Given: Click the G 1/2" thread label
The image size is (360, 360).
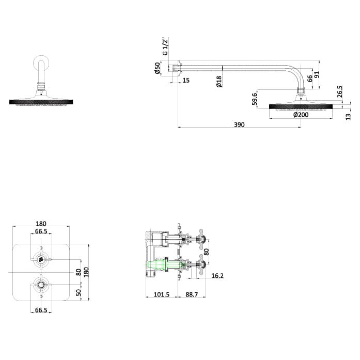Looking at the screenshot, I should (x=165, y=46).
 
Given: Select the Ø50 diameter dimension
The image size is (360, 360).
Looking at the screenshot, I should (x=157, y=68).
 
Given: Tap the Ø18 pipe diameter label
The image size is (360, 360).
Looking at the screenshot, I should (x=219, y=81).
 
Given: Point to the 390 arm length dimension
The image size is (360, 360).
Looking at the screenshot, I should (x=239, y=125).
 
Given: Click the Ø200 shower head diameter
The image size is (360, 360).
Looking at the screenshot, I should (x=301, y=115).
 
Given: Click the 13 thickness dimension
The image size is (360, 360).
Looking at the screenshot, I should (x=348, y=117).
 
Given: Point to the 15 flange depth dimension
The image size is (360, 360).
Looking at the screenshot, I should (x=185, y=80).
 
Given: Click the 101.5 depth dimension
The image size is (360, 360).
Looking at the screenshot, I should (x=162, y=295).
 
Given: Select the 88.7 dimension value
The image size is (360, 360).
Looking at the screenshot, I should (x=192, y=295).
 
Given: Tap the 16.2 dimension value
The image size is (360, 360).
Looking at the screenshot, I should (x=217, y=276).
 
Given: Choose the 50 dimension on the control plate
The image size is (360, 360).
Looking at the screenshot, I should (x=79, y=292).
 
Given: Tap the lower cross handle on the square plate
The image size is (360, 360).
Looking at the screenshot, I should (x=40, y=283).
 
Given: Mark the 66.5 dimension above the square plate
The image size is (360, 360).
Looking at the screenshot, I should (x=41, y=231).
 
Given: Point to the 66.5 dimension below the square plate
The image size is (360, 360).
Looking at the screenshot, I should (x=41, y=310).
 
